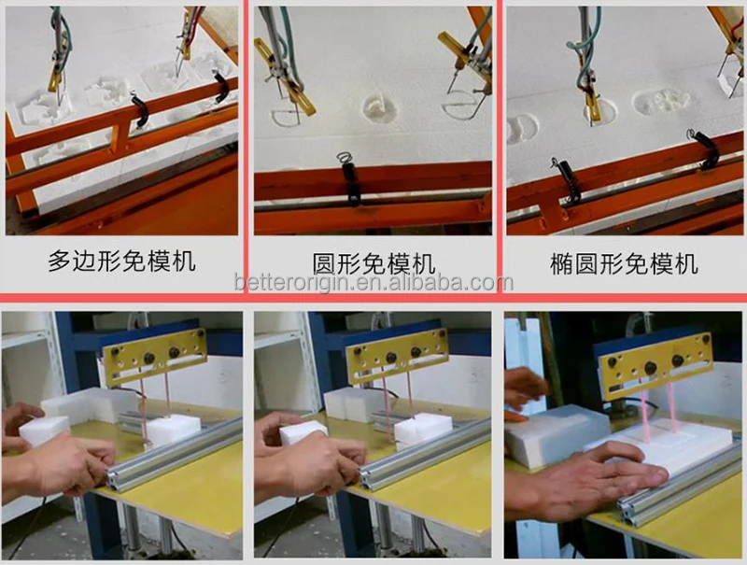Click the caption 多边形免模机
pos(122,261)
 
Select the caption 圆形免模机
pos(373,263)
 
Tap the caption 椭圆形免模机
pos(624,263)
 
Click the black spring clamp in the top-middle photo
pos(352,180)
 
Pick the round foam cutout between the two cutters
pos(380,108)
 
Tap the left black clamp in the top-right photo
pos(566,177)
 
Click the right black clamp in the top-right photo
pos(702,148)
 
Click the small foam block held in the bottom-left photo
pos(44,430)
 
